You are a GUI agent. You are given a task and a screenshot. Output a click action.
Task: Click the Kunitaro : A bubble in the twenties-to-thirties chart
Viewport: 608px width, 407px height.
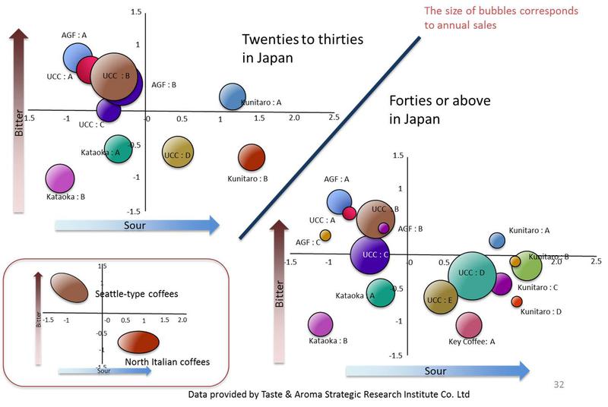pyautogui.click(x=231, y=96)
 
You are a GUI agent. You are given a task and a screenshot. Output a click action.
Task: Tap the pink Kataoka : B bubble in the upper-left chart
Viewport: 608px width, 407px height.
pyautogui.click(x=61, y=179)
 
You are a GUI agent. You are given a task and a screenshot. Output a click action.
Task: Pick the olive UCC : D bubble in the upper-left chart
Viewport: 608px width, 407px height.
pyautogui.click(x=177, y=153)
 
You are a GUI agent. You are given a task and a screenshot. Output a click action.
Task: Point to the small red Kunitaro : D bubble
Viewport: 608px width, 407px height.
pyautogui.click(x=517, y=301)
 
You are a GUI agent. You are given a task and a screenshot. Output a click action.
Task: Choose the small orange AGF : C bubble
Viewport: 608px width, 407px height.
pyautogui.click(x=325, y=235)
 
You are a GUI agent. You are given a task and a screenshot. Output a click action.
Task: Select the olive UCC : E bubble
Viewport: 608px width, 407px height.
pyautogui.click(x=440, y=298)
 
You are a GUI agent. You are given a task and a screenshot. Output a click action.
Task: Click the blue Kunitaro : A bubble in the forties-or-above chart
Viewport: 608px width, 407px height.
pyautogui.click(x=496, y=240)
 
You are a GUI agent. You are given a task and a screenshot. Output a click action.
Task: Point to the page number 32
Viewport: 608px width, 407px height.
pyautogui.click(x=559, y=385)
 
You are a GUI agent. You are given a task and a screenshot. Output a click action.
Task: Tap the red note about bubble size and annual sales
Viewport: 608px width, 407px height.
pyautogui.click(x=500, y=17)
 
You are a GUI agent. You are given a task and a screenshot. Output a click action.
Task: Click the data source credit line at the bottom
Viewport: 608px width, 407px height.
pyautogui.click(x=329, y=395)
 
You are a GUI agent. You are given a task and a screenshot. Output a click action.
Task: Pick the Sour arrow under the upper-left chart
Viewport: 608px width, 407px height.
pyautogui.click(x=137, y=225)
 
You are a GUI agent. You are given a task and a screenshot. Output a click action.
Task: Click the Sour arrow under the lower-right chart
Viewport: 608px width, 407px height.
pyautogui.click(x=437, y=371)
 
